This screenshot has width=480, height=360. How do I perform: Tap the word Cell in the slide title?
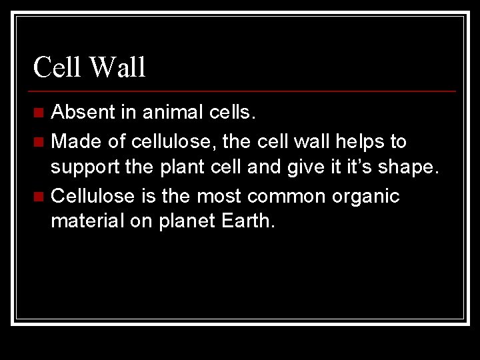click(58, 67)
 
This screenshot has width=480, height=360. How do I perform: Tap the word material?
click(87, 221)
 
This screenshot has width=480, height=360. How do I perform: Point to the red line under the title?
click(243, 91)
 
